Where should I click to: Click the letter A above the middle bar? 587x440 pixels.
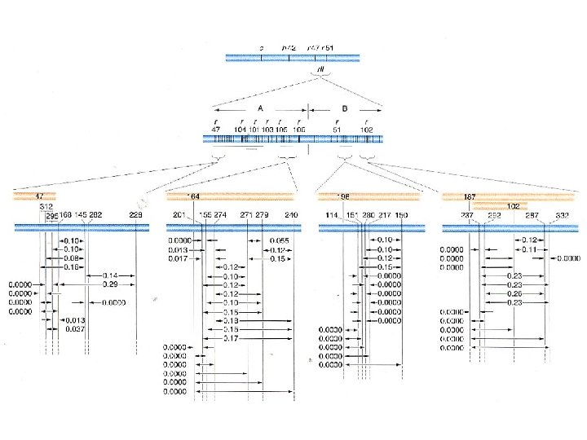pos(260,108)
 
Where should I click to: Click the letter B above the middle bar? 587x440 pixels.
pos(345,108)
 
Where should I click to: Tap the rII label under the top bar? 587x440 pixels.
pos(323,71)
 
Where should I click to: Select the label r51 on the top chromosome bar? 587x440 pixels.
pos(328,48)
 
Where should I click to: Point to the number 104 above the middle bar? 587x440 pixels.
pos(240,129)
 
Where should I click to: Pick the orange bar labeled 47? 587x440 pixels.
pos(33,196)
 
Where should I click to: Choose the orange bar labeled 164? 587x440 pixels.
pos(229,196)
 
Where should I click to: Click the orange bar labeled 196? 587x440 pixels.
pos(369,196)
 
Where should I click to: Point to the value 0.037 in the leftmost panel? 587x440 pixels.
pos(76,328)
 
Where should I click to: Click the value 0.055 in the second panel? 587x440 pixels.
pos(280,241)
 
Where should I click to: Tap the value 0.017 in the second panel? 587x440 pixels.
pos(179,258)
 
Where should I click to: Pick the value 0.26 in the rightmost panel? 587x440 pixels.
pos(514,293)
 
